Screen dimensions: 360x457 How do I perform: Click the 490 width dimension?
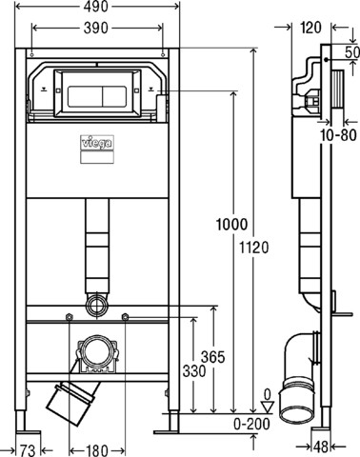pos(96,7)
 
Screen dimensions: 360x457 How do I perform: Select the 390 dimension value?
pos(96,29)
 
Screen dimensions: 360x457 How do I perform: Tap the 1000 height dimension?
pos(231,225)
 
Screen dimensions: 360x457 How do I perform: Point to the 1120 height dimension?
pos(253,248)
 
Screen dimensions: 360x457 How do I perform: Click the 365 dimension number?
pos(213,357)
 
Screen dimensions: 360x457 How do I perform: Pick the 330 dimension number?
pos(194,371)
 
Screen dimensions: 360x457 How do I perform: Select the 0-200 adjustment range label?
pos(251,424)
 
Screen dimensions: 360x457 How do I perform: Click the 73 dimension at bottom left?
pos(28,450)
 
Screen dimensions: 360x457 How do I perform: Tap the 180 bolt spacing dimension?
pos(96,450)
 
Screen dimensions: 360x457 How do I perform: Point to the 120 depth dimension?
pos(311,28)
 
